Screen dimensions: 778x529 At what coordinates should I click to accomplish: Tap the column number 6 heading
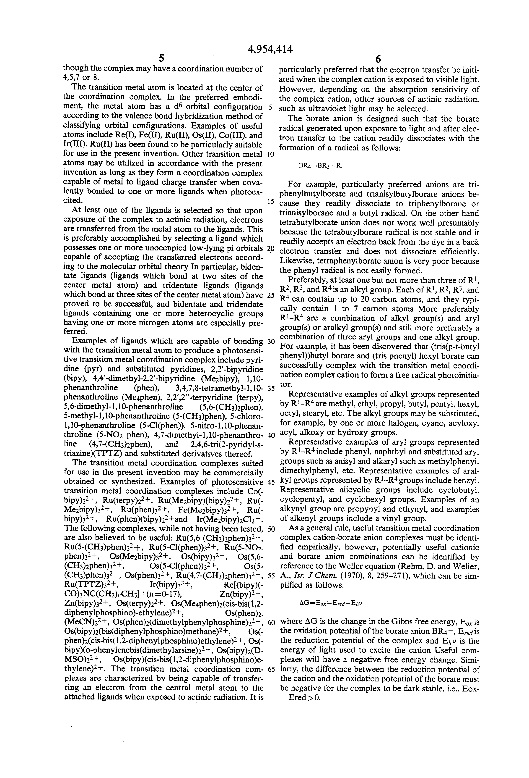378,59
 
